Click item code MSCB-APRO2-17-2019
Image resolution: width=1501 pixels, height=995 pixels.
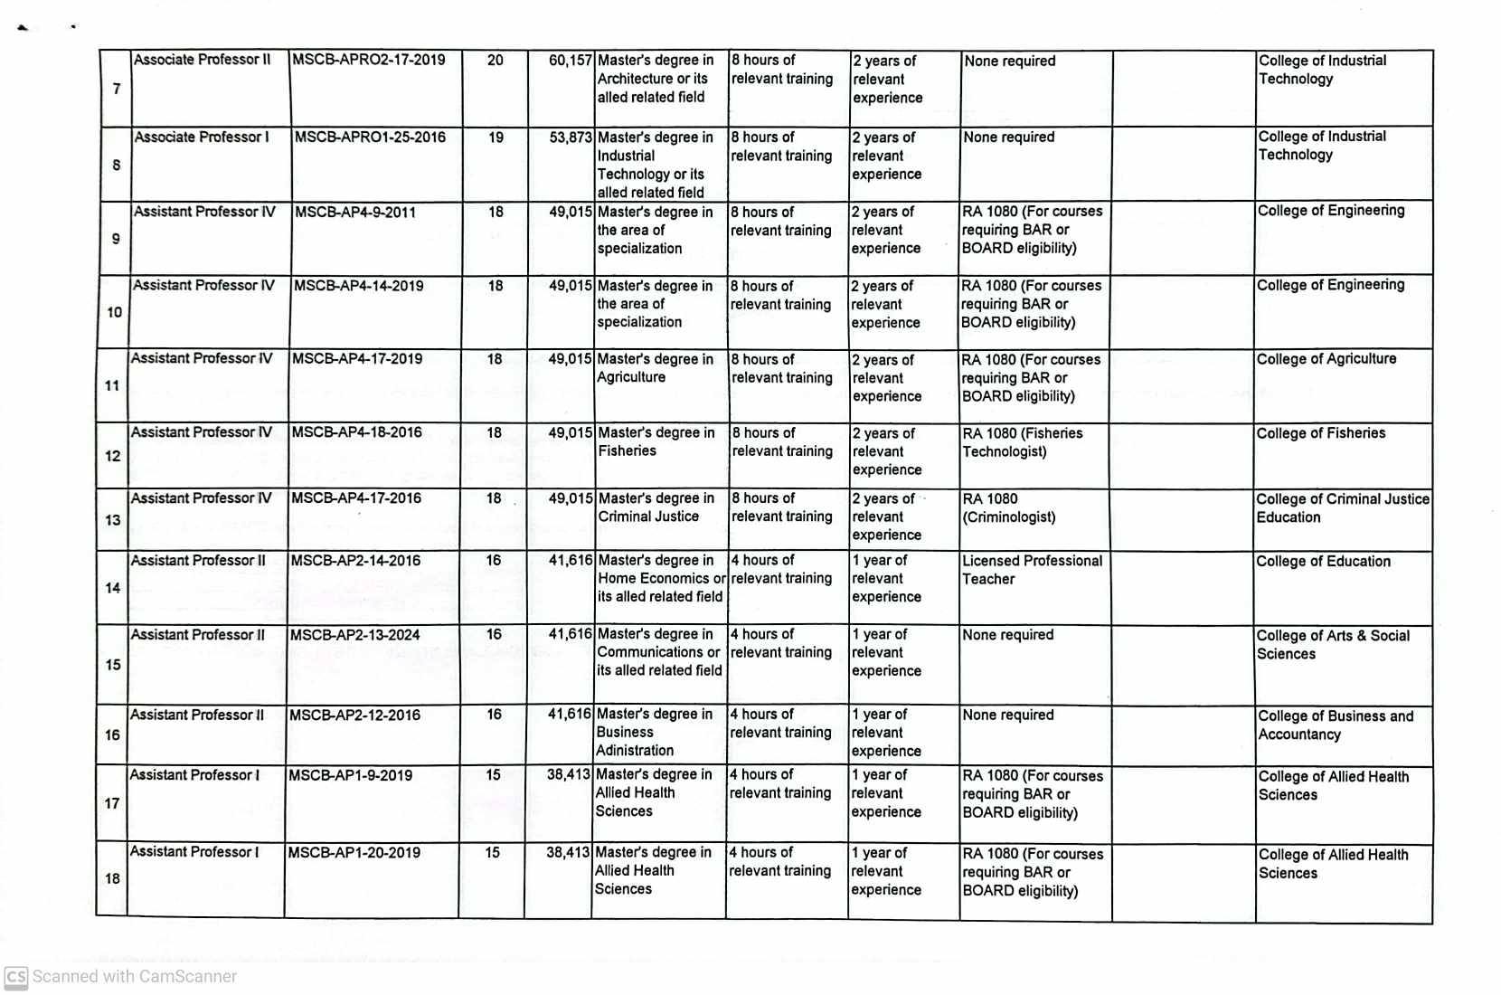click(x=369, y=61)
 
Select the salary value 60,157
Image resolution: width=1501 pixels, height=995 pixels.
click(x=570, y=61)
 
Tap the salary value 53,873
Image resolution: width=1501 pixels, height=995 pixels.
click(x=570, y=137)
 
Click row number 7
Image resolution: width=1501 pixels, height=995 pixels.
click(x=117, y=89)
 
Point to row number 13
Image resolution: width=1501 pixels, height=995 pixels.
click(x=113, y=520)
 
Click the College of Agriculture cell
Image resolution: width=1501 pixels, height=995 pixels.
click(x=1326, y=359)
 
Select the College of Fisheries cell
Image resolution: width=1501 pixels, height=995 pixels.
click(x=1320, y=433)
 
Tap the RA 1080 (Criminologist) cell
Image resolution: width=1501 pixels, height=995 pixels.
click(x=1008, y=508)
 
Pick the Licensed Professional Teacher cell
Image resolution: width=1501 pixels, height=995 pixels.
click(x=1032, y=570)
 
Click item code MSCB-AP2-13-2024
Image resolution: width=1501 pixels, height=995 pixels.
click(x=354, y=635)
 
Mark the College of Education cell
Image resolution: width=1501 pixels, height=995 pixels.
click(x=1323, y=562)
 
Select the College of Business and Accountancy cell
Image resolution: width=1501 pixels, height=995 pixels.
click(x=1335, y=725)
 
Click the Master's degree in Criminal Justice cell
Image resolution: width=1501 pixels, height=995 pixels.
click(x=656, y=507)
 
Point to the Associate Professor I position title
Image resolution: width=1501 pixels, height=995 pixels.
click(x=202, y=137)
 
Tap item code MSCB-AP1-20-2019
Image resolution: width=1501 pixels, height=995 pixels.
click(x=354, y=852)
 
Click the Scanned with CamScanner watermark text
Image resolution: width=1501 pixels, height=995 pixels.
click(x=135, y=977)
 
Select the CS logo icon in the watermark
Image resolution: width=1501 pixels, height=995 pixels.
click(x=15, y=977)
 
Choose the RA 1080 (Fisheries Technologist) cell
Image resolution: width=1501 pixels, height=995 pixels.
click(x=1022, y=442)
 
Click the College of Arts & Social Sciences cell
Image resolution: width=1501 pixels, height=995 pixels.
click(x=1332, y=645)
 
